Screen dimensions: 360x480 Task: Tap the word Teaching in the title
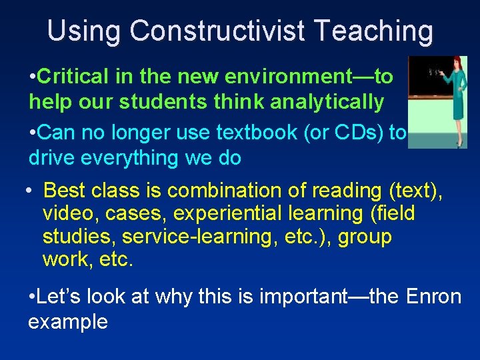375,31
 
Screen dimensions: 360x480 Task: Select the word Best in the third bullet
65,191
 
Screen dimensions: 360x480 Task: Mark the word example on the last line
68,321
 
